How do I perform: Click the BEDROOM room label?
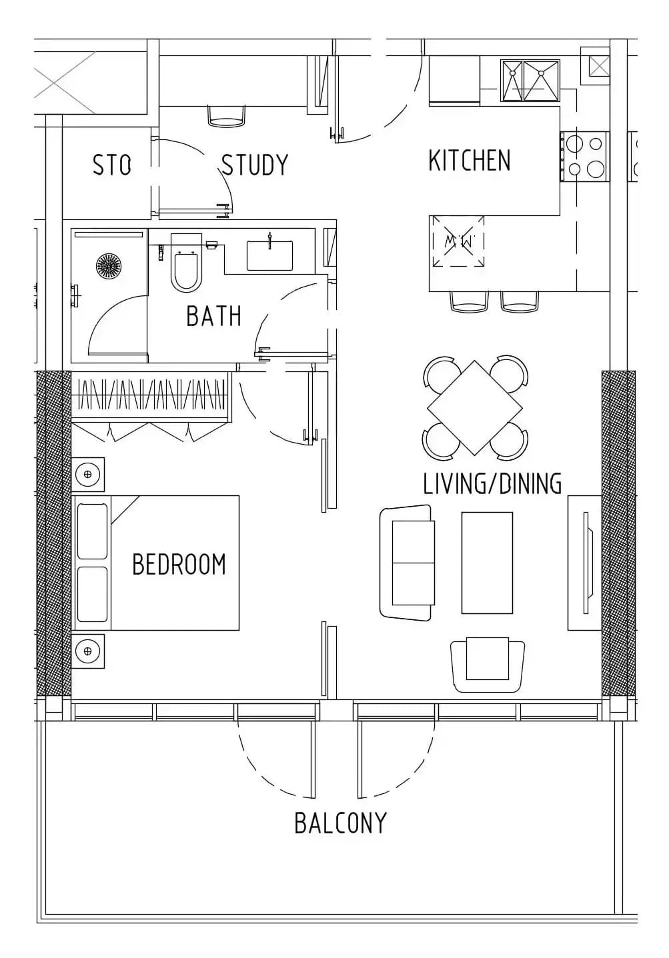click(179, 564)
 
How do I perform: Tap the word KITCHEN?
click(470, 161)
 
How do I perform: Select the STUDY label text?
click(255, 165)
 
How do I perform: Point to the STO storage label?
click(111, 165)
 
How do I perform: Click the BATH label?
click(214, 316)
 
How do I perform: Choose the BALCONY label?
click(341, 823)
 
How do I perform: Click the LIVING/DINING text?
click(492, 484)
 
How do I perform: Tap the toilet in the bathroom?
click(186, 263)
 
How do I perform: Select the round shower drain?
click(109, 265)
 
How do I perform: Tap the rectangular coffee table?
click(487, 563)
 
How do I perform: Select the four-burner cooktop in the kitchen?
click(585, 157)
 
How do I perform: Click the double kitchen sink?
click(530, 81)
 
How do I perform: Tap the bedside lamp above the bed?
click(88, 474)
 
